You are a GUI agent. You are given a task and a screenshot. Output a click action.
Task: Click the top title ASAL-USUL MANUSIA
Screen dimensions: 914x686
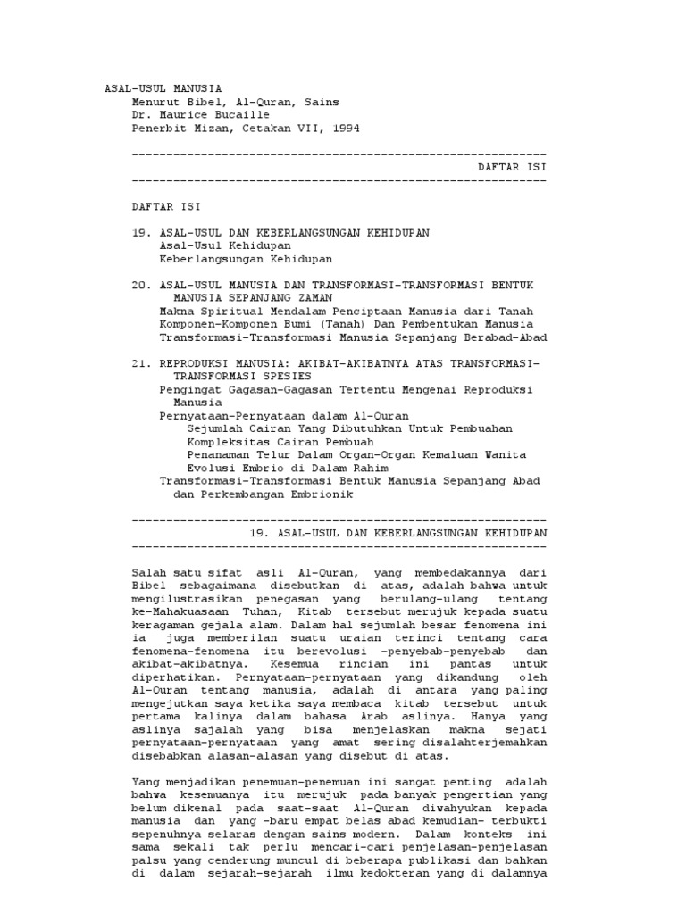pyautogui.click(x=163, y=88)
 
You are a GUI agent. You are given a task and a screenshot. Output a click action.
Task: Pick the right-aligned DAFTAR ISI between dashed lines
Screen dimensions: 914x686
pyautogui.click(x=511, y=167)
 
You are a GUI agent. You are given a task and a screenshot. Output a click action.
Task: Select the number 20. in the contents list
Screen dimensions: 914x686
pyautogui.click(x=141, y=285)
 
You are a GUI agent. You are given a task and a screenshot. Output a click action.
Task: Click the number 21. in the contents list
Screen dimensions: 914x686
pyautogui.click(x=141, y=363)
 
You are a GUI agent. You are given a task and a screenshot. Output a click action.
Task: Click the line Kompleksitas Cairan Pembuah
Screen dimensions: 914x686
pyautogui.click(x=280, y=442)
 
